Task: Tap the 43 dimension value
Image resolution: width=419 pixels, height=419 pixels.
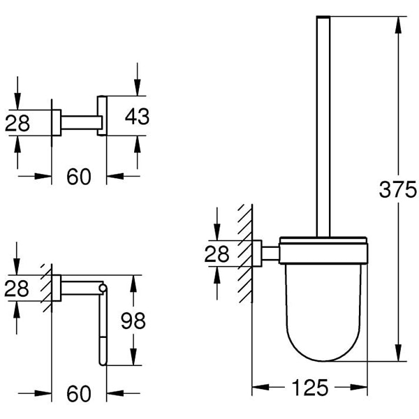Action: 137,116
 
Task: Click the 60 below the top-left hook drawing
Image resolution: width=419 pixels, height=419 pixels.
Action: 79,177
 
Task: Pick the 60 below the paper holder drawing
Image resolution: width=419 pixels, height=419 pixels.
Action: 79,394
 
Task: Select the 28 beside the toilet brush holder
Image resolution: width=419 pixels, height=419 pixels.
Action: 217,253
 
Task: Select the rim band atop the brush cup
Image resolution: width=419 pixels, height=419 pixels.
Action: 323,245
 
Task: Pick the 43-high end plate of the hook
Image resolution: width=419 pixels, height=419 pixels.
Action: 102,116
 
